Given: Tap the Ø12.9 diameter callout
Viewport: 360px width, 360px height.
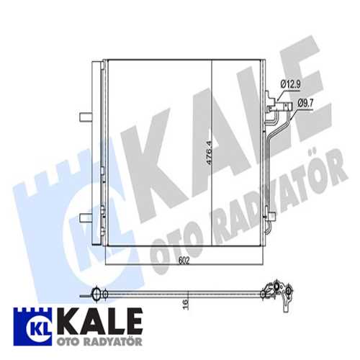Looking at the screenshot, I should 290,85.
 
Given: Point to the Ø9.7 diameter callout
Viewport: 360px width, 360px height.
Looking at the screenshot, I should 306,104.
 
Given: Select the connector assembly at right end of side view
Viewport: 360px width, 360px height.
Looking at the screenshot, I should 278,291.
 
